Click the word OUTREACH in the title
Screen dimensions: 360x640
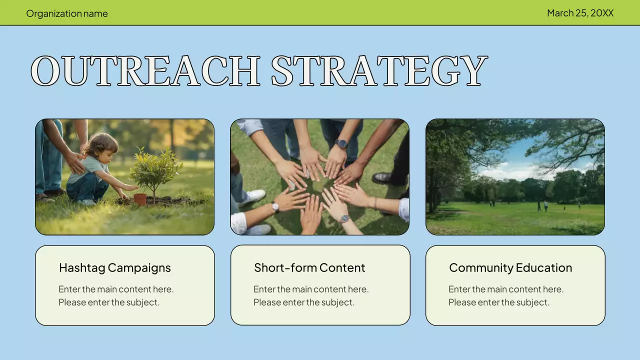(145, 71)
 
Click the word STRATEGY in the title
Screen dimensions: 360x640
(379, 71)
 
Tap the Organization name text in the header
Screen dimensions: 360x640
(67, 13)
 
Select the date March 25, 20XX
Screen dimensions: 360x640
(580, 13)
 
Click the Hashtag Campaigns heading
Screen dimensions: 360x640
(115, 267)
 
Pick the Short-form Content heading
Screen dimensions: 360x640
(309, 267)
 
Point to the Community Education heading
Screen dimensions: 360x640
(510, 267)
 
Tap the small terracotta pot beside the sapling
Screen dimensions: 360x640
(140, 199)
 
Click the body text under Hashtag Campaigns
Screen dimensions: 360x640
(116, 295)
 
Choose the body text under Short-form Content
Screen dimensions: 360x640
(311, 295)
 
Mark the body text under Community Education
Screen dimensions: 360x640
(506, 295)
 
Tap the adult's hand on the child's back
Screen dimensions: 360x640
(75, 161)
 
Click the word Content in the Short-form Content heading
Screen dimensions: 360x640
(342, 267)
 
